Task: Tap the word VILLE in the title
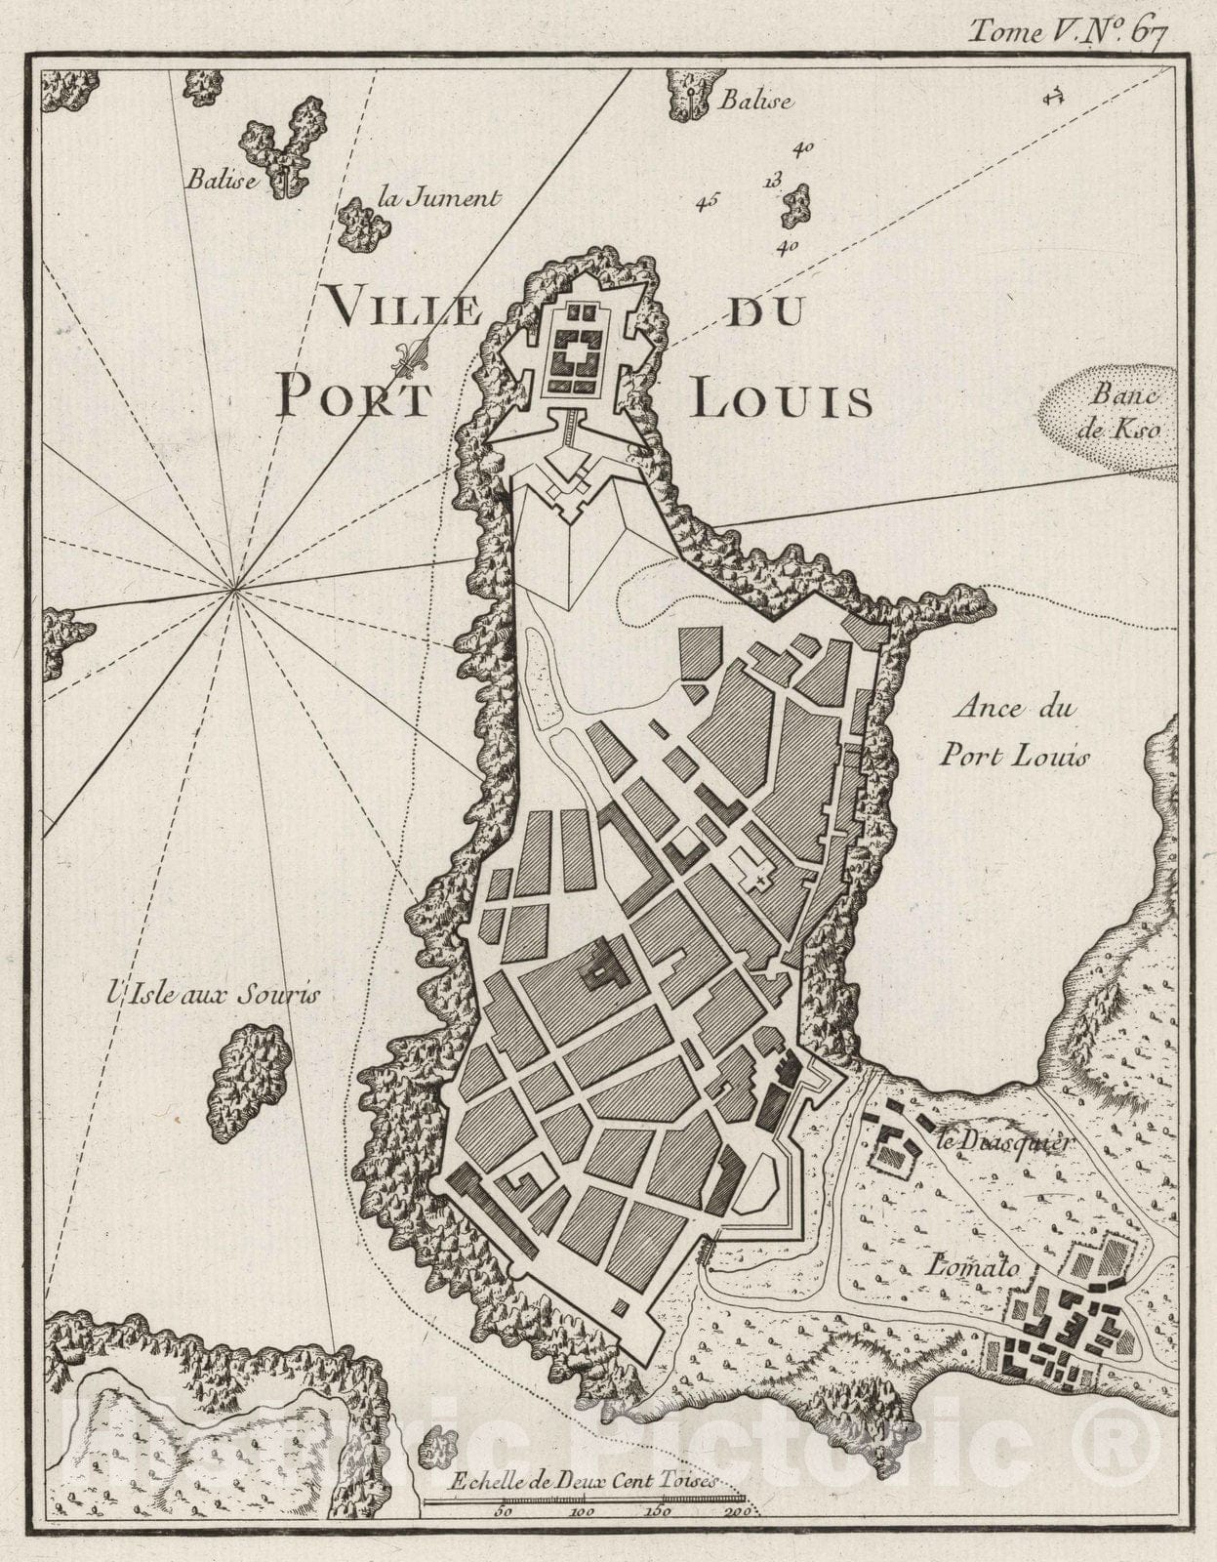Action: click(404, 311)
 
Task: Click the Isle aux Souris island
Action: click(250, 1081)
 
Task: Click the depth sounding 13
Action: click(772, 180)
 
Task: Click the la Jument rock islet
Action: click(364, 225)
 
